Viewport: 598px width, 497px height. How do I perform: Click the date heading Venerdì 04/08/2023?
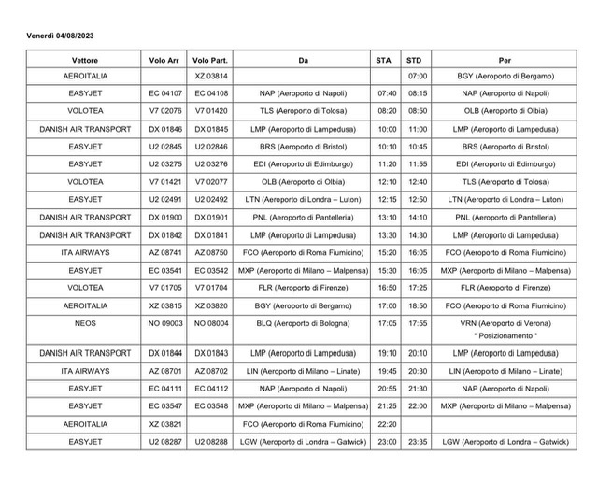(60, 35)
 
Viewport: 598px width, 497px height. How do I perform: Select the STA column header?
(384, 60)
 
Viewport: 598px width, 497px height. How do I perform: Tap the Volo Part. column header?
(210, 60)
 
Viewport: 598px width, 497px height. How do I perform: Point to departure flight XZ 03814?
(210, 76)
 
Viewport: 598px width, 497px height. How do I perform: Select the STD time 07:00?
(418, 76)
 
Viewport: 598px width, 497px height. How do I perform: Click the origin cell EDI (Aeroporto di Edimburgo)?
(304, 163)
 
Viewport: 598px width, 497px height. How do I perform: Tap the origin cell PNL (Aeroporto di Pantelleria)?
(304, 217)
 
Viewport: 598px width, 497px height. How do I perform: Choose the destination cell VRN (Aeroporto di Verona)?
(505, 322)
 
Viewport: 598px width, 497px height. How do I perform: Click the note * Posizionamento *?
(505, 334)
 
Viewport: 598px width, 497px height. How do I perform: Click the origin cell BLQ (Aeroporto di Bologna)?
(304, 322)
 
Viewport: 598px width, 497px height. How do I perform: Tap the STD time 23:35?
(418, 442)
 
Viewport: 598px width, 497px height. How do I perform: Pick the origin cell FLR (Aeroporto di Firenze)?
(304, 287)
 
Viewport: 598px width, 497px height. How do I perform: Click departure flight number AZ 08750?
(210, 252)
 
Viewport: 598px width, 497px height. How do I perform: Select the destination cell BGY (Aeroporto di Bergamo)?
(505, 76)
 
